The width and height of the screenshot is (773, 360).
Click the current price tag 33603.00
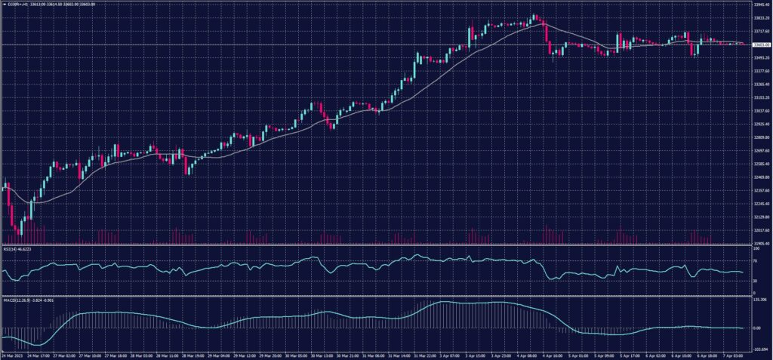click(x=760, y=45)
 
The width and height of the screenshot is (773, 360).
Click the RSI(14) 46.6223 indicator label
click(x=19, y=249)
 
